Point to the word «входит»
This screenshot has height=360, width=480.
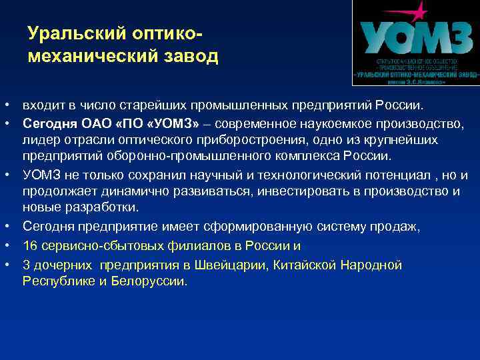pyautogui.click(x=41, y=105)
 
